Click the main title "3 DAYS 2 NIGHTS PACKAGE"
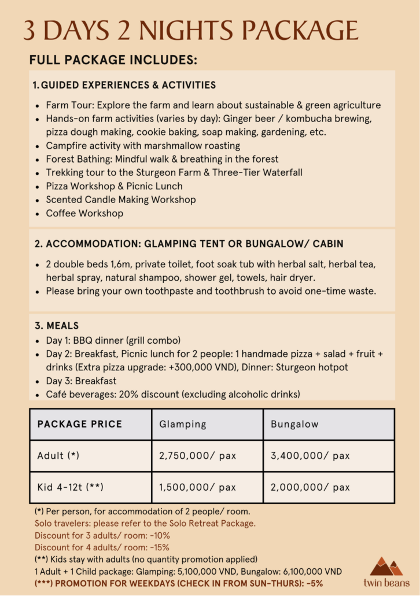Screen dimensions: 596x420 click(x=191, y=30)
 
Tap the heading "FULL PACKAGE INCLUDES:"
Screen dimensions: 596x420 click(x=113, y=60)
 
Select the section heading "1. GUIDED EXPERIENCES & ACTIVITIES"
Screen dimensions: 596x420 click(x=124, y=85)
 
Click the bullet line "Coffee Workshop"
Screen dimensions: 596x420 click(x=84, y=213)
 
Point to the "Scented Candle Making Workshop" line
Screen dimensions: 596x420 click(x=121, y=200)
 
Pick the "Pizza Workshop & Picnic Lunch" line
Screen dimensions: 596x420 click(x=114, y=186)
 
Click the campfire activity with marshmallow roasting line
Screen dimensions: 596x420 click(x=143, y=146)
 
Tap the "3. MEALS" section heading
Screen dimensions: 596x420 click(x=56, y=326)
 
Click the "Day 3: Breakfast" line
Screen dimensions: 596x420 click(x=81, y=381)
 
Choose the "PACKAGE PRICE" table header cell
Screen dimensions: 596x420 click(x=80, y=424)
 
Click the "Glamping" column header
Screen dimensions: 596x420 click(x=183, y=424)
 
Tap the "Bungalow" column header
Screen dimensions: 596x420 click(x=294, y=424)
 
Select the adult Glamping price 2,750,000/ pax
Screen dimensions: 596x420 click(x=198, y=456)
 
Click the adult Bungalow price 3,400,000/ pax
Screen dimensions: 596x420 click(x=310, y=456)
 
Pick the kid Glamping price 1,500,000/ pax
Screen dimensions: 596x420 click(x=198, y=487)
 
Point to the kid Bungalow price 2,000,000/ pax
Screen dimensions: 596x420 click(x=310, y=487)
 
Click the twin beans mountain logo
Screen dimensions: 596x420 click(x=387, y=566)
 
